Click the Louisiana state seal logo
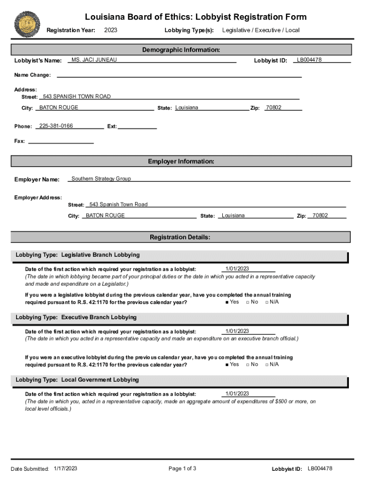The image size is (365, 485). [x=27, y=23]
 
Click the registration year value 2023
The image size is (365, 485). [x=110, y=30]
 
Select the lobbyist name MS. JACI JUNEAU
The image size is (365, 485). [x=94, y=60]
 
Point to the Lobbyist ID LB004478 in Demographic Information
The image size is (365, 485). [x=309, y=60]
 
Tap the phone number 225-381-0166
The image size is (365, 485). [x=56, y=126]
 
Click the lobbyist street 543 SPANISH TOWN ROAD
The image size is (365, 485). [x=77, y=97]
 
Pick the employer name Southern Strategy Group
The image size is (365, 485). [x=101, y=179]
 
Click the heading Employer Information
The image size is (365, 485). [x=181, y=162]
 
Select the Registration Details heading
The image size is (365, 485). [x=180, y=237]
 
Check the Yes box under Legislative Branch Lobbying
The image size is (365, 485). [x=228, y=302]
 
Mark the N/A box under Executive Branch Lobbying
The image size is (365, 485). [x=267, y=365]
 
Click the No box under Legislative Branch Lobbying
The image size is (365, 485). [x=248, y=302]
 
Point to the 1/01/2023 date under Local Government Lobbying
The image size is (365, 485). [x=237, y=394]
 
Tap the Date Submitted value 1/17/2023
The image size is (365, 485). [x=65, y=468]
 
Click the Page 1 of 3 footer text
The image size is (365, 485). [x=182, y=469]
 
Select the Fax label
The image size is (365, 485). [x=19, y=141]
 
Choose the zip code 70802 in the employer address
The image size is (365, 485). [x=320, y=216]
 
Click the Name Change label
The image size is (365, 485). [x=32, y=75]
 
